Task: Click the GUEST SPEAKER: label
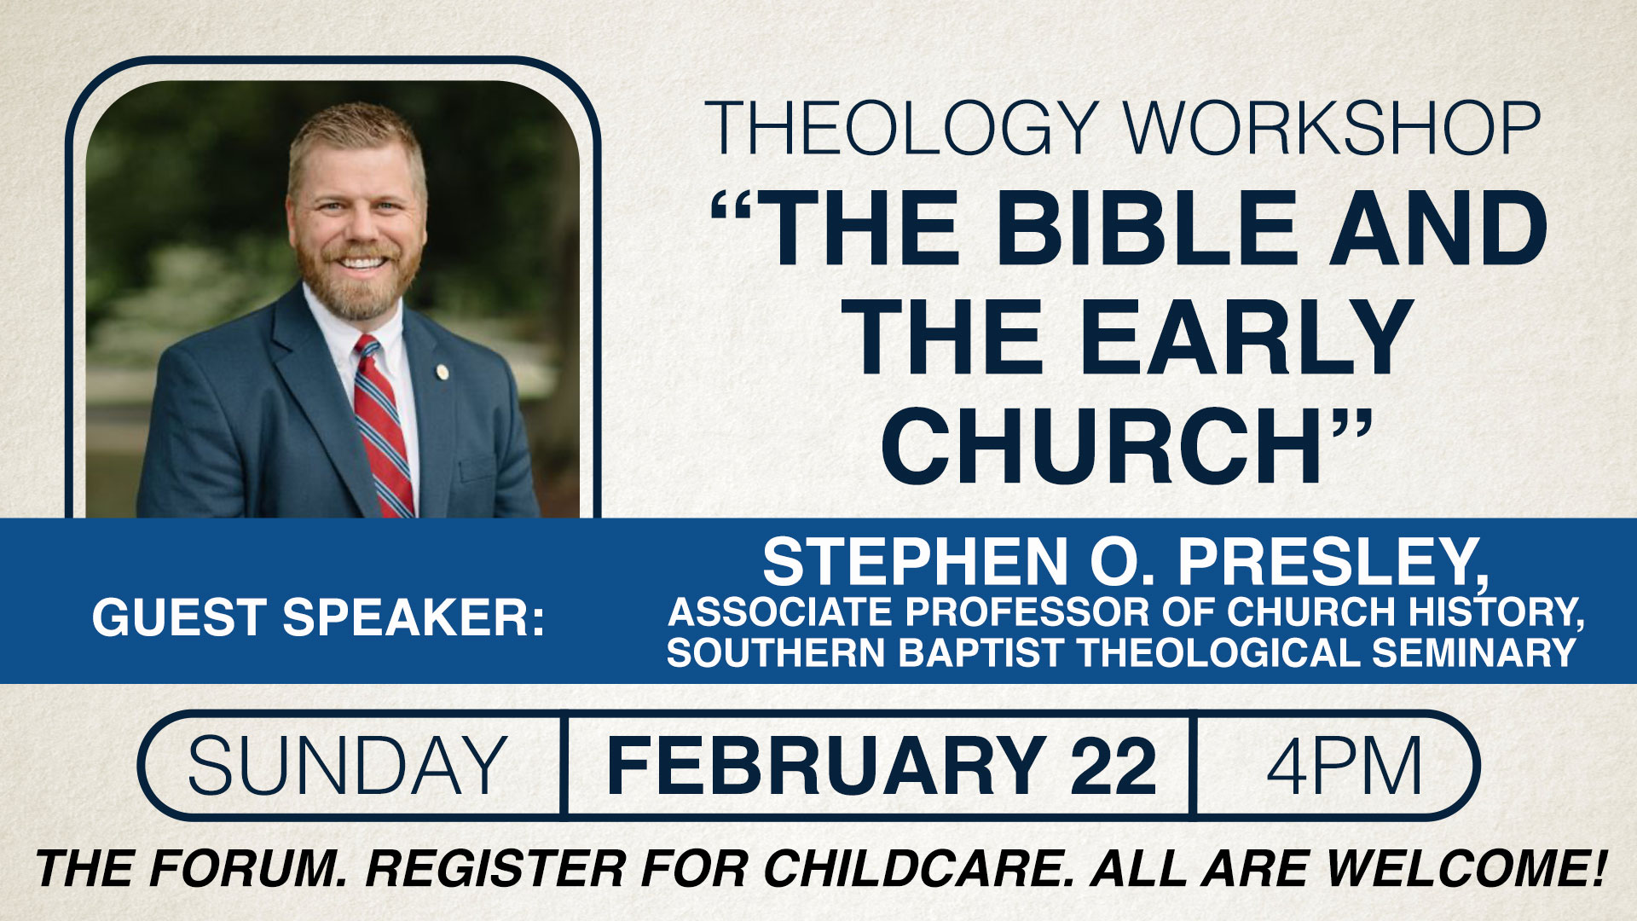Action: pos(318,617)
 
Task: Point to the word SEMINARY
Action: pos(1474,652)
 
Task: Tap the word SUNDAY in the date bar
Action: pos(348,765)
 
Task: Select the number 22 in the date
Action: pos(1114,765)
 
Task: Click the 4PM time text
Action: pos(1344,765)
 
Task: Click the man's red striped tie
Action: pos(383,426)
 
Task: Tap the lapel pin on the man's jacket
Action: pos(441,371)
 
